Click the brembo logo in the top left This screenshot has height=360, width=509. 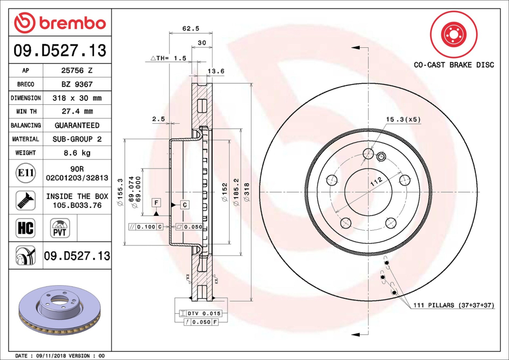pyautogui.click(x=60, y=23)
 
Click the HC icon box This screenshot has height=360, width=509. pyautogui.click(x=25, y=228)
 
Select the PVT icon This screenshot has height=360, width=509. pyautogui.click(x=60, y=228)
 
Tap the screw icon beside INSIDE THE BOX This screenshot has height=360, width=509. pyautogui.click(x=25, y=201)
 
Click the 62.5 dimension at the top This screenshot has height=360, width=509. pyautogui.click(x=190, y=29)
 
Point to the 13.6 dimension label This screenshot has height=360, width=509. pyautogui.click(x=217, y=71)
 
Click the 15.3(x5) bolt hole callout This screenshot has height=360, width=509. pyautogui.click(x=403, y=120)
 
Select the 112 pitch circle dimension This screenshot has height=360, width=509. pyautogui.click(x=376, y=182)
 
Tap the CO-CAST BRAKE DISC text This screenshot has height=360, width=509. pyautogui.click(x=453, y=65)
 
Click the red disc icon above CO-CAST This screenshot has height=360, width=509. pyautogui.click(x=454, y=35)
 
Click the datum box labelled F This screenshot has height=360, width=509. pyautogui.click(x=156, y=203)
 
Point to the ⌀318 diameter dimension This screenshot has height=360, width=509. pyautogui.click(x=247, y=191)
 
